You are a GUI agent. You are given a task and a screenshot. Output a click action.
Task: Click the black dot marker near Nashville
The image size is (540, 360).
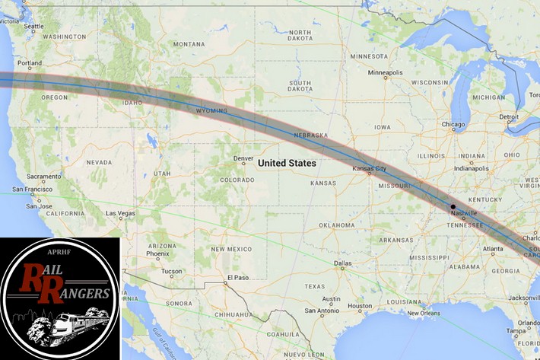453,206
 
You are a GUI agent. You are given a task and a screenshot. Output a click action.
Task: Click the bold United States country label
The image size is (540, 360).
287,163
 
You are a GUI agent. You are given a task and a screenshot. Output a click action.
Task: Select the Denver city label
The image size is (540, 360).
244,159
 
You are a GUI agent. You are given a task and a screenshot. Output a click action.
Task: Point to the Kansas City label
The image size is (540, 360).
370,168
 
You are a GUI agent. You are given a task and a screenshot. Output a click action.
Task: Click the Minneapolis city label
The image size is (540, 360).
385,73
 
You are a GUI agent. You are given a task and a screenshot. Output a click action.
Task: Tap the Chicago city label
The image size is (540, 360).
453,124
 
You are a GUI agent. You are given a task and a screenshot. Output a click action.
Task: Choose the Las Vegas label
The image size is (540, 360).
119,213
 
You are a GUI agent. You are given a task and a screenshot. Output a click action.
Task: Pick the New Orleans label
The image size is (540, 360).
424,313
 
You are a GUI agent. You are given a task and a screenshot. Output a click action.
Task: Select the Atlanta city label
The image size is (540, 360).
492,249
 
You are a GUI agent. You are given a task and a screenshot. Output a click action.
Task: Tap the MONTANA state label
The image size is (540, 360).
189,44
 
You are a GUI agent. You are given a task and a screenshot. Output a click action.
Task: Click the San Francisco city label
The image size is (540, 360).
31,189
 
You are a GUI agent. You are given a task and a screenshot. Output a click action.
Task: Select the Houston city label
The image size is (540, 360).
360,306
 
